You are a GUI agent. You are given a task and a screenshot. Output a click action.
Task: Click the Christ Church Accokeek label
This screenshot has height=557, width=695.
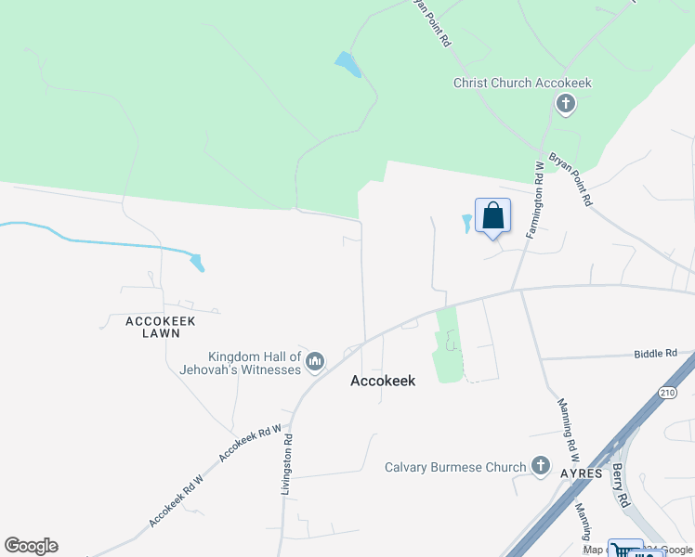click(522, 83)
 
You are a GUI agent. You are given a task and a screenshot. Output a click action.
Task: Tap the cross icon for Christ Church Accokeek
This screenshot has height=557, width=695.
click(565, 104)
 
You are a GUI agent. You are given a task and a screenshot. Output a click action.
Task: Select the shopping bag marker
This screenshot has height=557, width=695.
click(493, 216)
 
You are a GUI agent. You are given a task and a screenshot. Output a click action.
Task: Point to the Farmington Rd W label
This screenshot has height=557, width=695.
click(536, 201)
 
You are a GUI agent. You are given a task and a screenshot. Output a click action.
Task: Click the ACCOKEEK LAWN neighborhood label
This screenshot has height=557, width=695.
click(161, 328)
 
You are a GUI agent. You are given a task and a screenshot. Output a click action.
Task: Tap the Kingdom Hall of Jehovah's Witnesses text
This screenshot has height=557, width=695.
click(255, 363)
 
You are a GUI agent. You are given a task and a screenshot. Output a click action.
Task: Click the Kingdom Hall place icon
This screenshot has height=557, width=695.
click(315, 360)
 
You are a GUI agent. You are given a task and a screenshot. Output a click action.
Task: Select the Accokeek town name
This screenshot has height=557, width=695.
click(383, 381)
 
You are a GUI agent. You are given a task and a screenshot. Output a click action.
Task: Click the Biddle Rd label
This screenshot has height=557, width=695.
click(656, 353)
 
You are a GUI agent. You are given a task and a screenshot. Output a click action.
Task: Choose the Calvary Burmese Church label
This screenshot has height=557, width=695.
click(455, 467)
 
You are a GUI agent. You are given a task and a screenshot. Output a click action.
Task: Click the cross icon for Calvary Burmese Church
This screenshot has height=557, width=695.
click(541, 466)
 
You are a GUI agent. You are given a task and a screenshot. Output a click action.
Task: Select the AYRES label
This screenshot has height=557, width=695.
click(583, 473)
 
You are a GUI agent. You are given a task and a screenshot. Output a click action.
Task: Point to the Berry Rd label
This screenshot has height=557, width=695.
click(620, 485)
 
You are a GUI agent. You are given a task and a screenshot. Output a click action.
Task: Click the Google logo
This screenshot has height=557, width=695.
click(31, 546)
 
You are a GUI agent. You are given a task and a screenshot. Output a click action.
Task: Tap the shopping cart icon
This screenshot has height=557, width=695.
click(624, 551)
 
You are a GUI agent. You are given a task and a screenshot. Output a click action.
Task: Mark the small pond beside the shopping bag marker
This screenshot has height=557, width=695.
click(467, 223)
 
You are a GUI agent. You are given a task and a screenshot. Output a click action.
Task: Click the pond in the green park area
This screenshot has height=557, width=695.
click(347, 65)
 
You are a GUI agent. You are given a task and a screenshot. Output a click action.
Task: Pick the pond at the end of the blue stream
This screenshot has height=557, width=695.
click(196, 262)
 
